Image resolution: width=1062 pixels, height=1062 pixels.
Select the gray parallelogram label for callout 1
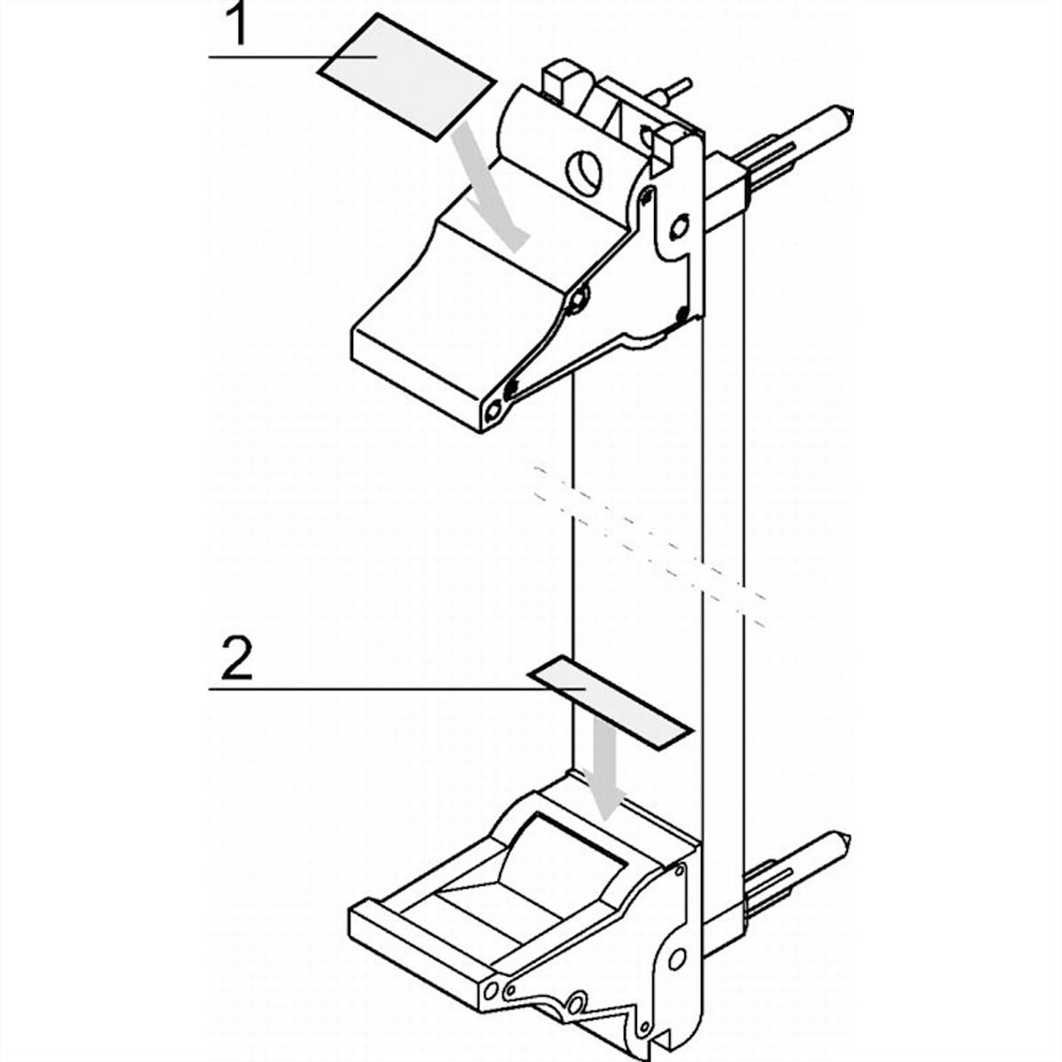click(x=408, y=77)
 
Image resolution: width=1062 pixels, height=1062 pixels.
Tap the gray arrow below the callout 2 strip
click(x=604, y=777)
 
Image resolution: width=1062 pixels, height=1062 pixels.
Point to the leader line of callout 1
click(x=292, y=57)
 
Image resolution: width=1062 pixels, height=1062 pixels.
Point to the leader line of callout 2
click(x=396, y=689)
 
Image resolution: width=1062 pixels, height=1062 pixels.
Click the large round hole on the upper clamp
click(x=585, y=172)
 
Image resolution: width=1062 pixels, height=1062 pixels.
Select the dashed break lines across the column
click(x=650, y=546)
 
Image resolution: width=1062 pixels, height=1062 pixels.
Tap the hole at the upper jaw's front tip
click(x=493, y=411)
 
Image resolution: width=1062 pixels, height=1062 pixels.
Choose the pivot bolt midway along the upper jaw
click(x=579, y=299)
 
